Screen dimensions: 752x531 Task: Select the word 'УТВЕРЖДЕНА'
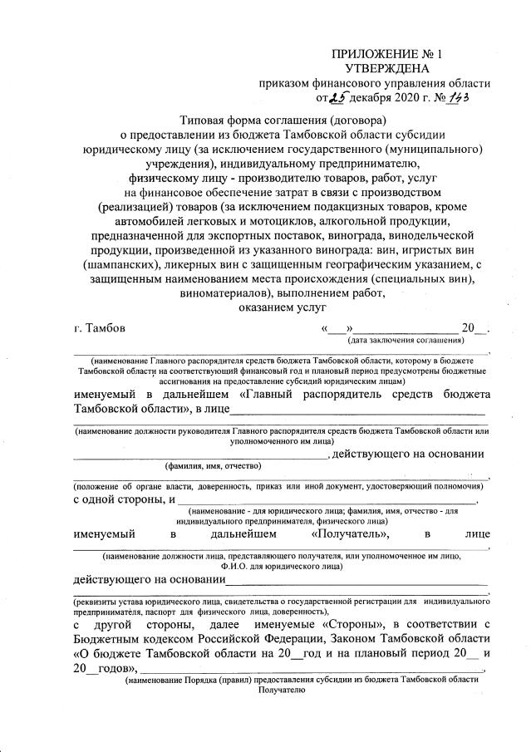point(387,68)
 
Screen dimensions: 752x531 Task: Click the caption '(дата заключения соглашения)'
point(406,341)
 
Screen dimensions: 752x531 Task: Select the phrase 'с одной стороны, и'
point(124,499)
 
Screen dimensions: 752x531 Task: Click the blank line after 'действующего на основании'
point(357,578)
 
